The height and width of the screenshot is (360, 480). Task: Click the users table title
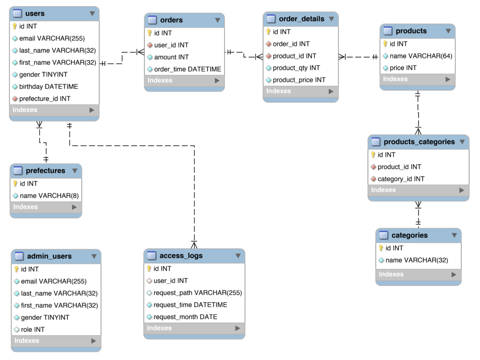(35, 14)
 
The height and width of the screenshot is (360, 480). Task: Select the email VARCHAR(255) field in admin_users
(54, 281)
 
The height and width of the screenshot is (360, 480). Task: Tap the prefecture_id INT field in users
(45, 98)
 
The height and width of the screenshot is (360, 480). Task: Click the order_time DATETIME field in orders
(187, 69)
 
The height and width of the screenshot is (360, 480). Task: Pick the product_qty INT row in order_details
(296, 68)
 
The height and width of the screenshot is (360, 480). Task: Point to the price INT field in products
(403, 68)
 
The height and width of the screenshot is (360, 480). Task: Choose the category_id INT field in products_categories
(401, 179)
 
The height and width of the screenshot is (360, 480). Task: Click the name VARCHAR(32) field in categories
(416, 260)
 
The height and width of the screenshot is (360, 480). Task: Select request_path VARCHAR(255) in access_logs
(198, 293)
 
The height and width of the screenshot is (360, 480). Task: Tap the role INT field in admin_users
(33, 329)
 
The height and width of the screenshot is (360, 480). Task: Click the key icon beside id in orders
(150, 33)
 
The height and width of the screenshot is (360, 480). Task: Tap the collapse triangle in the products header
(448, 31)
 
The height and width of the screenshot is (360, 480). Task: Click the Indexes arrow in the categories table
(454, 274)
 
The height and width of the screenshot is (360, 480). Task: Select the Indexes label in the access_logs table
(159, 328)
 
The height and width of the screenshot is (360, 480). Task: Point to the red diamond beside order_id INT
(268, 44)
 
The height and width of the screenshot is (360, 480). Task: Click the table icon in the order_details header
(271, 19)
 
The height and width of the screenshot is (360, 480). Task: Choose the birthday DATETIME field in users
(48, 86)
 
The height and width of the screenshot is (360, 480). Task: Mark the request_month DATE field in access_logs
(185, 317)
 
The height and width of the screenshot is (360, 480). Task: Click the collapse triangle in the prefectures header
(74, 171)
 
